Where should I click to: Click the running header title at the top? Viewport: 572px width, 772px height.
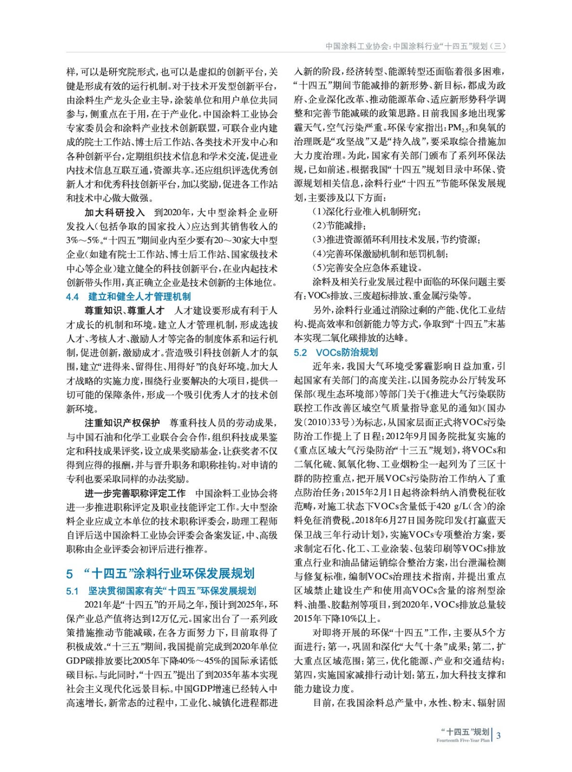pyautogui.click(x=415, y=46)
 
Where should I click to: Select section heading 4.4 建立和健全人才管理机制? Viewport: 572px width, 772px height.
pyautogui.click(x=128, y=297)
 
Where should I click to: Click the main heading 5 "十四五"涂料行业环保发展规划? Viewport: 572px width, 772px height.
pyautogui.click(x=160, y=573)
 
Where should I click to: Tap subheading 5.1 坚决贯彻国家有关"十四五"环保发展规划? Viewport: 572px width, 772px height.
pyautogui.click(x=161, y=591)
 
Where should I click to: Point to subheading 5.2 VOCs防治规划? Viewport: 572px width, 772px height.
pyautogui.click(x=336, y=353)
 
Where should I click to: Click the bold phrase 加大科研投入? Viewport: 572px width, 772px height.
pyautogui.click(x=115, y=212)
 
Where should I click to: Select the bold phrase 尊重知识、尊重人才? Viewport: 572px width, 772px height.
pyautogui.click(x=124, y=311)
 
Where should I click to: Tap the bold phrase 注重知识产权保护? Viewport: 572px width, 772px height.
pyautogui.click(x=122, y=423)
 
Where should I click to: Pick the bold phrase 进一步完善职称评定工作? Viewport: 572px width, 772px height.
pyautogui.click(x=135, y=493)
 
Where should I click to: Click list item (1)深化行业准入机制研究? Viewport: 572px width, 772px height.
pyautogui.click(x=366, y=212)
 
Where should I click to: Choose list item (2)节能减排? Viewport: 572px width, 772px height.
pyautogui.click(x=339, y=226)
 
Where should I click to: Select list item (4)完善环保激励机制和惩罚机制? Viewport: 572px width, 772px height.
pyautogui.click(x=380, y=254)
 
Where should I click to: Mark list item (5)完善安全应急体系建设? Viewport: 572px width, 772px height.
pyautogui.click(x=367, y=268)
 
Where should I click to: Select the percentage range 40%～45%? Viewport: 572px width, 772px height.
pyautogui.click(x=198, y=661)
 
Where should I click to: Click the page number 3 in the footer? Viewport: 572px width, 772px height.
pyautogui.click(x=498, y=736)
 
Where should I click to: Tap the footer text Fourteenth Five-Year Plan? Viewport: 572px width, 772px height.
pyautogui.click(x=463, y=740)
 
